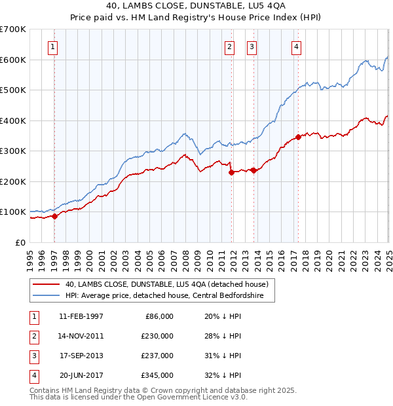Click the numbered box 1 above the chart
coord(52,46)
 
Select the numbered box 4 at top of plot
coord(297,46)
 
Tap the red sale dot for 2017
coord(298,137)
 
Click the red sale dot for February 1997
coord(55,216)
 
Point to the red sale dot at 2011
coord(231,172)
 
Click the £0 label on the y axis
coord(20,242)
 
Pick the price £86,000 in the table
coord(158,316)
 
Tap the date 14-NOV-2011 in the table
coord(81,336)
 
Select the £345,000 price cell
coord(158,375)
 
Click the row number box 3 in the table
coord(33,356)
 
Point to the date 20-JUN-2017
coord(81,375)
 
